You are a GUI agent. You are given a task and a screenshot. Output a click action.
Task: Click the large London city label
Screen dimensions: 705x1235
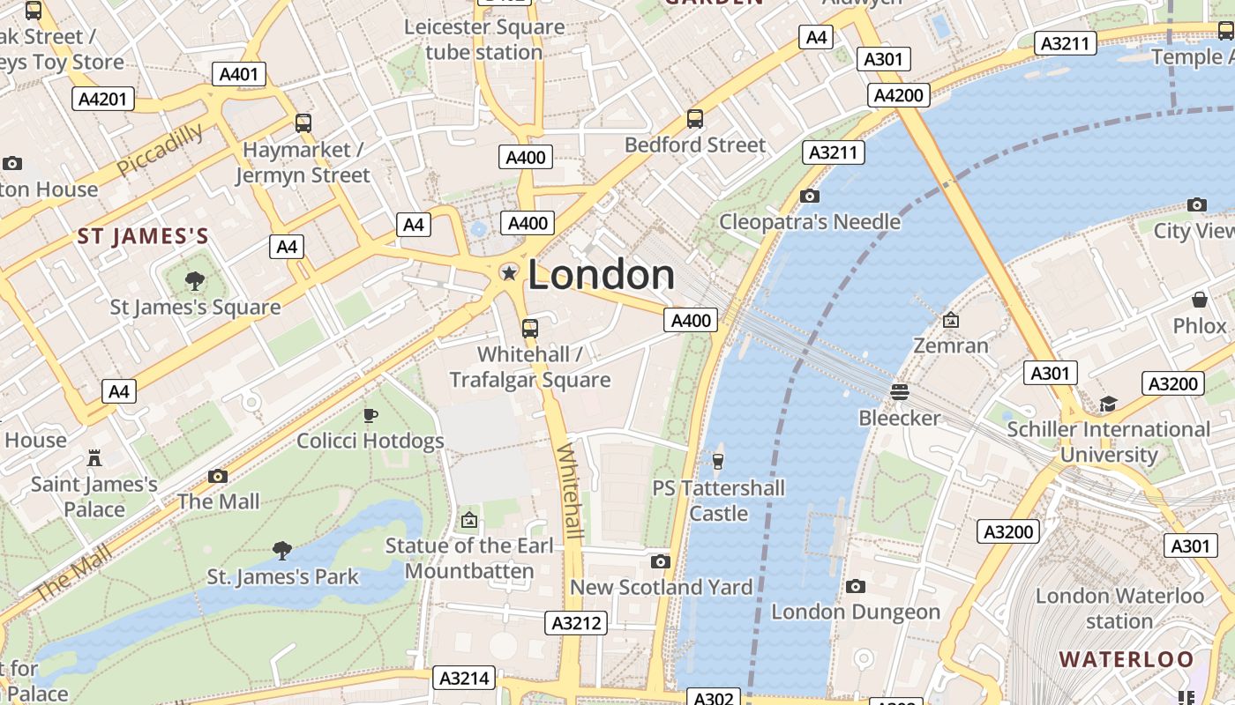pyautogui.click(x=601, y=275)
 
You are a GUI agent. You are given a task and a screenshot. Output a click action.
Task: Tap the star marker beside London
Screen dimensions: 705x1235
pyautogui.click(x=509, y=273)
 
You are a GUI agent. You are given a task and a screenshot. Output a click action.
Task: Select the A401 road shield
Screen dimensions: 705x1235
pyautogui.click(x=239, y=74)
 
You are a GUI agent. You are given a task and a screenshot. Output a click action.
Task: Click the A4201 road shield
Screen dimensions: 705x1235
pyautogui.click(x=103, y=99)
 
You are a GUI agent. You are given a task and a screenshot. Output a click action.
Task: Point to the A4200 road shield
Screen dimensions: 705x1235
pyautogui.click(x=899, y=95)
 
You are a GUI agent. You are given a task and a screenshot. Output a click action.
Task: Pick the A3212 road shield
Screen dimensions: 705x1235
pyautogui.click(x=576, y=623)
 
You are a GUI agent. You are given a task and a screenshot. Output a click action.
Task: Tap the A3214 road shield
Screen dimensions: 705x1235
pyautogui.click(x=464, y=678)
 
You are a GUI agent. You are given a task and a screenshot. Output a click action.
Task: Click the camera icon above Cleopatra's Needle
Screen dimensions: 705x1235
pyautogui.click(x=809, y=196)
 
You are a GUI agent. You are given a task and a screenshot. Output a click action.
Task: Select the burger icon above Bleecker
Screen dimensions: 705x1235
pyautogui.click(x=899, y=391)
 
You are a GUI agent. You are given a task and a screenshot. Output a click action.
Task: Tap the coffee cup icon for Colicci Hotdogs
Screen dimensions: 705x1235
pyautogui.click(x=370, y=415)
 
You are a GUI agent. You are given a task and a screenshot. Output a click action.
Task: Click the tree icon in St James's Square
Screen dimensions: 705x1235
pyautogui.click(x=195, y=281)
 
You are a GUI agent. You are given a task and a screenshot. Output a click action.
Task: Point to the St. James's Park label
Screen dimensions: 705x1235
pyautogui.click(x=282, y=577)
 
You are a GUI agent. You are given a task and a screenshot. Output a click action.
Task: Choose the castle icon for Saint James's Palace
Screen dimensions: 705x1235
pyautogui.click(x=94, y=458)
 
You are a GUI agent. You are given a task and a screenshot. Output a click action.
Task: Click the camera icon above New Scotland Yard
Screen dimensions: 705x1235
pyautogui.click(x=660, y=561)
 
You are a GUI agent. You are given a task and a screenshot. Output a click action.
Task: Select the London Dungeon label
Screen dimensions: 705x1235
pyautogui.click(x=856, y=612)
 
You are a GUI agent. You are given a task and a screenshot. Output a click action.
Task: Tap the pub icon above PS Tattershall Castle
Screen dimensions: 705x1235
pyautogui.click(x=718, y=461)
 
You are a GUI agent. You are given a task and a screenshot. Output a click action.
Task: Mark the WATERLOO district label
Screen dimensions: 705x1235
pyautogui.click(x=1126, y=659)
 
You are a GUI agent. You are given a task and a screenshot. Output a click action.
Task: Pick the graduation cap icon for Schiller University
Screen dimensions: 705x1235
pyautogui.click(x=1108, y=404)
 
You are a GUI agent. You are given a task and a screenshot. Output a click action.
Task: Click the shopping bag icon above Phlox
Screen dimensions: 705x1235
pyautogui.click(x=1199, y=300)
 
